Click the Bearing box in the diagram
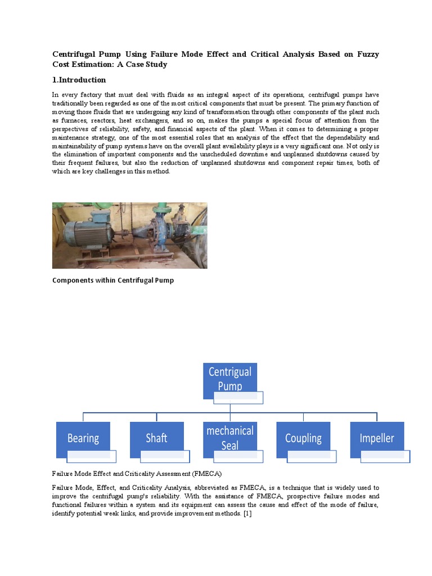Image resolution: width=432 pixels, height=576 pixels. tap(83, 438)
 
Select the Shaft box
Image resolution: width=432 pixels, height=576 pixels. tap(156, 438)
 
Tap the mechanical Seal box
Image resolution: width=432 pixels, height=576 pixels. tap(229, 438)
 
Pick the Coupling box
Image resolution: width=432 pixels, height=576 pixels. tap(303, 438)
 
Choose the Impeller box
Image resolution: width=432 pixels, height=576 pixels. tap(376, 438)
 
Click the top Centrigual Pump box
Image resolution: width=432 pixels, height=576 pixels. tap(229, 378)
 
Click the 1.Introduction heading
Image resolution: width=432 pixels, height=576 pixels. tap(79, 80)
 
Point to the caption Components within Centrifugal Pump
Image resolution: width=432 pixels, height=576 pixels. tap(112, 280)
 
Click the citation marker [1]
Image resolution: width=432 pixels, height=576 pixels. tap(247, 515)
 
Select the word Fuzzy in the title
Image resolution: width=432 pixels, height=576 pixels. tap(366, 55)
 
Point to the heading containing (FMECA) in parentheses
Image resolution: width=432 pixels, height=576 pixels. tap(137, 474)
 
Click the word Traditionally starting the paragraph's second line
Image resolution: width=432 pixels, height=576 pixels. tap(72, 103)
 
